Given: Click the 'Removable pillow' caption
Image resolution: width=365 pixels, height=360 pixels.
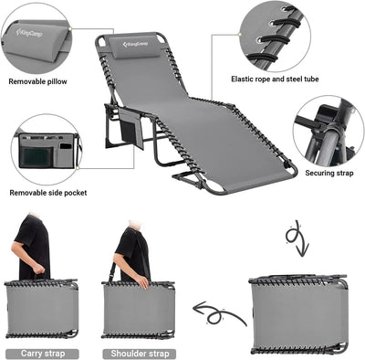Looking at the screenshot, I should [37, 81].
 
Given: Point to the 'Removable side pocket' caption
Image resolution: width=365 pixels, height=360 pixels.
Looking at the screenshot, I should [48, 193].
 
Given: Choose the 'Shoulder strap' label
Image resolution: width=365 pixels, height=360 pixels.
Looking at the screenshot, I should [139, 352].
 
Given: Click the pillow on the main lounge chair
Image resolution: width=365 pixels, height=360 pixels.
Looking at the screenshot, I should [127, 46].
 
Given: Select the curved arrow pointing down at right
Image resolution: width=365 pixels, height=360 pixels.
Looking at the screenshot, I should [297, 239].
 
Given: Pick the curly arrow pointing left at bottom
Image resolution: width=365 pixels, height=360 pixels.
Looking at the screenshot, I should [220, 312].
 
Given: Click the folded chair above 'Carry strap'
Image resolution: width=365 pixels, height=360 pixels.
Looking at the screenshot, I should [42, 308].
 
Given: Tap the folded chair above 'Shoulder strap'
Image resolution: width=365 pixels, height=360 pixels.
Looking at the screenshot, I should [139, 308].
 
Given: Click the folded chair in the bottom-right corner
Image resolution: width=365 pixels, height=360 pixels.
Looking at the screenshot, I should [297, 313].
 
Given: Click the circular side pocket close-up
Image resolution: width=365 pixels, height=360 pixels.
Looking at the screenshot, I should [46, 149].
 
